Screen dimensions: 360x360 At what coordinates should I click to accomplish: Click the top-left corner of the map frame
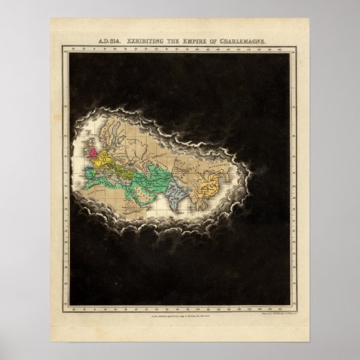tap(62, 47)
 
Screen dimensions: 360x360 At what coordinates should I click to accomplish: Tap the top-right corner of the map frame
tap(297, 47)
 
